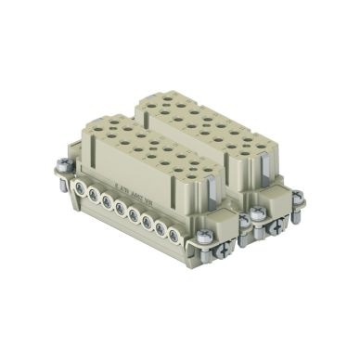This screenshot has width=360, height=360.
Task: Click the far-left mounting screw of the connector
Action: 62,166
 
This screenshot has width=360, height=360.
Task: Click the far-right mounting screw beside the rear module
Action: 299,198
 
